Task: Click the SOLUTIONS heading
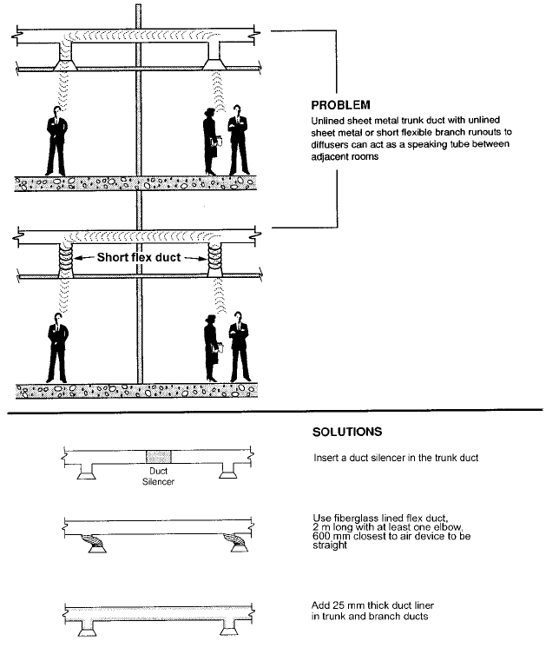(346, 431)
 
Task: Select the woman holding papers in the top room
(211, 141)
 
